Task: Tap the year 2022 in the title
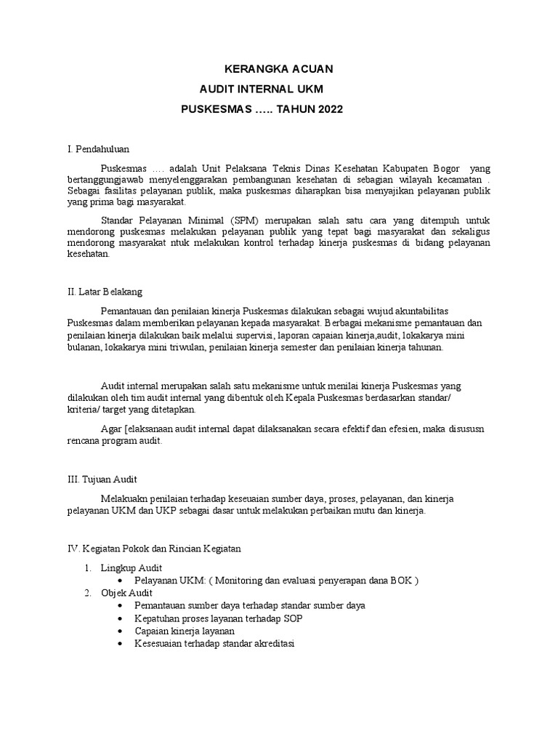tap(326, 109)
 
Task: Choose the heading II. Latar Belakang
tap(105, 292)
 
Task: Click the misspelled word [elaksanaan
tap(153, 429)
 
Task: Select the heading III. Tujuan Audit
tap(102, 479)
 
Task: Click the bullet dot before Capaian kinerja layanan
tap(121, 632)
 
